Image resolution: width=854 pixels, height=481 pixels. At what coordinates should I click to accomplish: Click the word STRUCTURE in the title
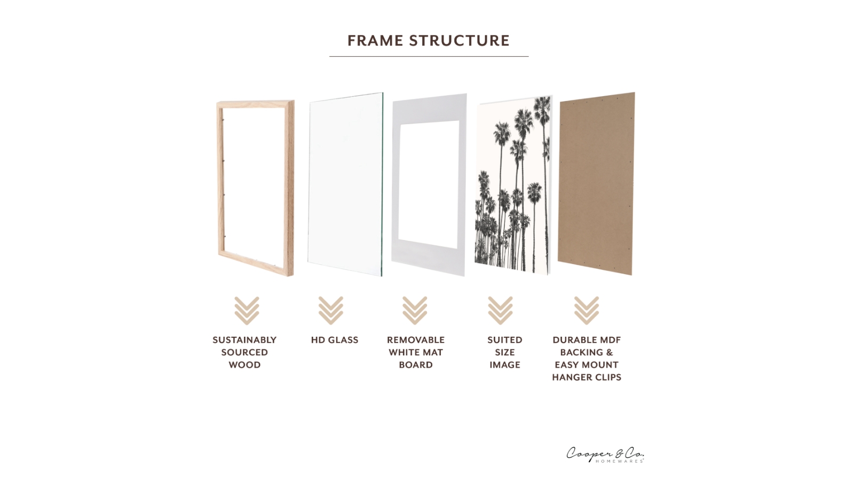click(x=459, y=41)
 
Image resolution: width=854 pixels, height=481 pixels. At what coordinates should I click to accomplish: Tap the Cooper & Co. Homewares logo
click(x=605, y=454)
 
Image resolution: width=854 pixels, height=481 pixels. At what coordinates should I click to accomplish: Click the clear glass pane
click(x=345, y=184)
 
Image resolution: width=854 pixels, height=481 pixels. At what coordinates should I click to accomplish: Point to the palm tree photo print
click(x=513, y=184)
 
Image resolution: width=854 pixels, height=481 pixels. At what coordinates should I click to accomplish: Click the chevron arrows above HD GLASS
click(x=330, y=311)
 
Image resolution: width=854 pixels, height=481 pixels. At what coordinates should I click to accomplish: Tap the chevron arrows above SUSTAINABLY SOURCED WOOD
click(x=247, y=311)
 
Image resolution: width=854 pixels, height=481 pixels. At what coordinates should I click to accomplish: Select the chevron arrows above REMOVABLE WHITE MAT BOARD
click(x=415, y=311)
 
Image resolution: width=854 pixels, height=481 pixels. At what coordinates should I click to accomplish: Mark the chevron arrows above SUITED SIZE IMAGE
click(x=500, y=311)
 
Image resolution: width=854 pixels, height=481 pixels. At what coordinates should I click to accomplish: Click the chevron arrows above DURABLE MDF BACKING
click(x=586, y=311)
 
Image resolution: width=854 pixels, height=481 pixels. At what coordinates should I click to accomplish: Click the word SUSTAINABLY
click(x=244, y=340)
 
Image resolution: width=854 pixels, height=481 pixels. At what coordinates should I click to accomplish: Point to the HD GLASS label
click(x=335, y=340)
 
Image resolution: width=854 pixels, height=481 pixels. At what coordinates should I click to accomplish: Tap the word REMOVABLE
click(x=416, y=340)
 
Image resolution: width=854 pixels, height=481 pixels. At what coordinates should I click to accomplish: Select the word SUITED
click(x=504, y=340)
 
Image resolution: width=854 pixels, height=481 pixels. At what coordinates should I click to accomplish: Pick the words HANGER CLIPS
click(x=587, y=377)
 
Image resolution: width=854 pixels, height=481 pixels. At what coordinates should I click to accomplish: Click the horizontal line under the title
click(x=429, y=56)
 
